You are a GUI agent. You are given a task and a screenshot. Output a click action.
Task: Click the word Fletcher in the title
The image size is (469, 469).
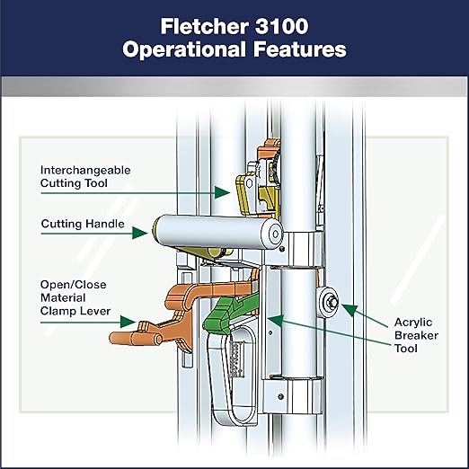pos(205,26)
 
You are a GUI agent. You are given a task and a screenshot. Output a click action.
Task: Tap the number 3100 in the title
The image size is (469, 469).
pos(282,26)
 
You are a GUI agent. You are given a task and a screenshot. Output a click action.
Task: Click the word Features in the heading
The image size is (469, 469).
pos(300,49)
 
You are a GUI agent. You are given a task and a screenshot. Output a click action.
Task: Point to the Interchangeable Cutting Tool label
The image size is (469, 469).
pos(85,177)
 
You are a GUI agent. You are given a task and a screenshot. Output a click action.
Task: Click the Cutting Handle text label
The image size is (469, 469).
pos(83,224)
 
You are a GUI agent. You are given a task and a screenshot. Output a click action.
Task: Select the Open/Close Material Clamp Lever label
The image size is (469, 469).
pos(75,297)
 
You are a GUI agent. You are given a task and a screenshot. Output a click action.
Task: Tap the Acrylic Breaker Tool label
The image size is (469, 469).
pos(416,335)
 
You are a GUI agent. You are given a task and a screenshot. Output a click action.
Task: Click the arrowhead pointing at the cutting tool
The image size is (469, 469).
pos(222,192)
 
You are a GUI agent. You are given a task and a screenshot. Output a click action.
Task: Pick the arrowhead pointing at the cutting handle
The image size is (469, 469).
pos(140,233)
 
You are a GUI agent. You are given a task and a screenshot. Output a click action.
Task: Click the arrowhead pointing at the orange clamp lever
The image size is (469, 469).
pos(128,322)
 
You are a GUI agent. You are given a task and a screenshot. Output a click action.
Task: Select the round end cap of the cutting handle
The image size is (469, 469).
pos(272,234)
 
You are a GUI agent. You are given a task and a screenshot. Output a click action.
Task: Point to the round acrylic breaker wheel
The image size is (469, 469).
pos(329,302)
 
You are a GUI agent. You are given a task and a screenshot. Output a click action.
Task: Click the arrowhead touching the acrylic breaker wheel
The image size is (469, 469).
pos(349,310)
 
